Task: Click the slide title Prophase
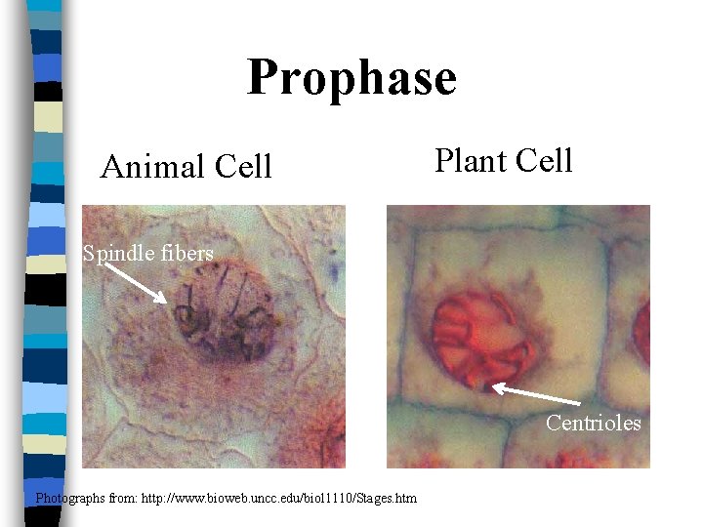coord(351,78)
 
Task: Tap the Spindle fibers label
coord(147,254)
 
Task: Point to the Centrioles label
coord(593,423)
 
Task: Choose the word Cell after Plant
coord(543,160)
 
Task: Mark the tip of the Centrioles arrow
coord(494,387)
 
